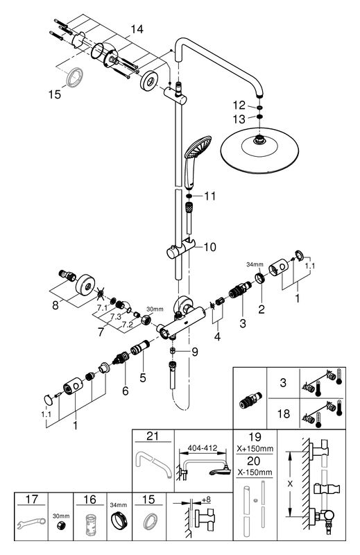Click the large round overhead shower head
259,148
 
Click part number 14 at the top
137,29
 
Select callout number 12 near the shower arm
239,105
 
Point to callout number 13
239,119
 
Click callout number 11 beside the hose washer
209,196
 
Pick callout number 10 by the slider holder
210,247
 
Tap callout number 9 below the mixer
195,352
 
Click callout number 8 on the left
55,305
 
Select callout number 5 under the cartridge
143,377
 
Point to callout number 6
126,391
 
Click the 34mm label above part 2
255,264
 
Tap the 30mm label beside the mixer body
155,309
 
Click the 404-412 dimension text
203,448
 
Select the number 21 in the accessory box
153,436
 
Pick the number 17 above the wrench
31,499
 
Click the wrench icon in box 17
31,524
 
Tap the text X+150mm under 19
255,448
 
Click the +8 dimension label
206,499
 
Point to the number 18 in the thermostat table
284,413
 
